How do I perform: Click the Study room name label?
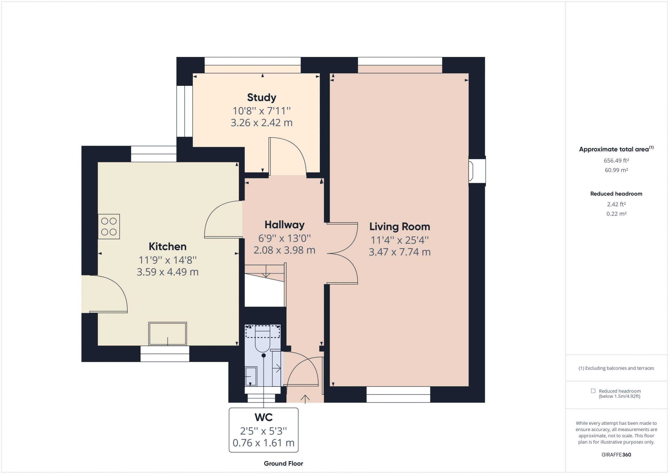click(261, 97)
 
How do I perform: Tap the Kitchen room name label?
click(167, 247)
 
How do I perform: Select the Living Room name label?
click(399, 226)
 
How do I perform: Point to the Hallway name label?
click(284, 225)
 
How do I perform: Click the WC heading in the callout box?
click(264, 417)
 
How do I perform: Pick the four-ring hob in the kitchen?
click(109, 226)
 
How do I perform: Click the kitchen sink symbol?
click(167, 334)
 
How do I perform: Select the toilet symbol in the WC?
click(263, 339)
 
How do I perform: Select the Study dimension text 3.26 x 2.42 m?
click(261, 123)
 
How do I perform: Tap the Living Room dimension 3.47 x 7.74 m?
click(399, 252)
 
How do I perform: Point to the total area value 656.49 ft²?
click(616, 160)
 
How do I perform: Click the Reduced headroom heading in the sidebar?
click(616, 194)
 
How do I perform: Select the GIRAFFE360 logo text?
click(616, 454)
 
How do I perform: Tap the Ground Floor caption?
click(283, 464)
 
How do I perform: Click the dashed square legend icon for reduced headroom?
click(593, 391)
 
